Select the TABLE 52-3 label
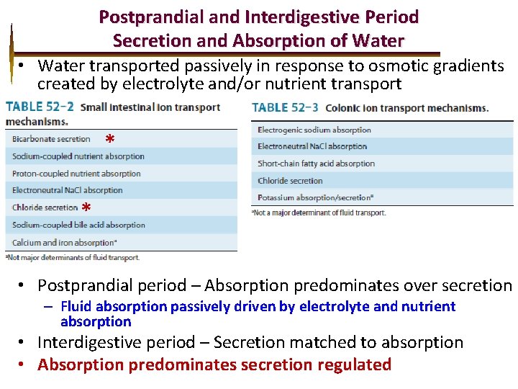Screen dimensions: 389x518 tap(286, 108)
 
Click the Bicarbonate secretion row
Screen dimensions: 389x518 tap(52, 139)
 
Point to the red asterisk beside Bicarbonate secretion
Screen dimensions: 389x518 tap(109, 139)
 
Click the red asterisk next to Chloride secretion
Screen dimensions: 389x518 tap(86, 208)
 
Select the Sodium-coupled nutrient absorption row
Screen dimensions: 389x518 tap(78, 156)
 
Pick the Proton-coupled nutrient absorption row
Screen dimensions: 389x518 tap(76, 174)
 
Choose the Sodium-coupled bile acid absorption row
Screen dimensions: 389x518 tap(78, 225)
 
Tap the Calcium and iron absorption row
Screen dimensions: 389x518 tap(65, 243)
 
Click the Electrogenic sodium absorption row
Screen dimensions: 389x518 tap(314, 130)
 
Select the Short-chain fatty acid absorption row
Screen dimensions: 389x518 tap(316, 164)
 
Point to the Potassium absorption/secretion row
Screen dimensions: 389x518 tap(315, 197)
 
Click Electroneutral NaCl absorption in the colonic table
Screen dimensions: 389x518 tap(312, 147)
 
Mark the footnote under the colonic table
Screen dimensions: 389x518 tap(318, 213)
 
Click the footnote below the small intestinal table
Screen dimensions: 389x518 tap(73, 257)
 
